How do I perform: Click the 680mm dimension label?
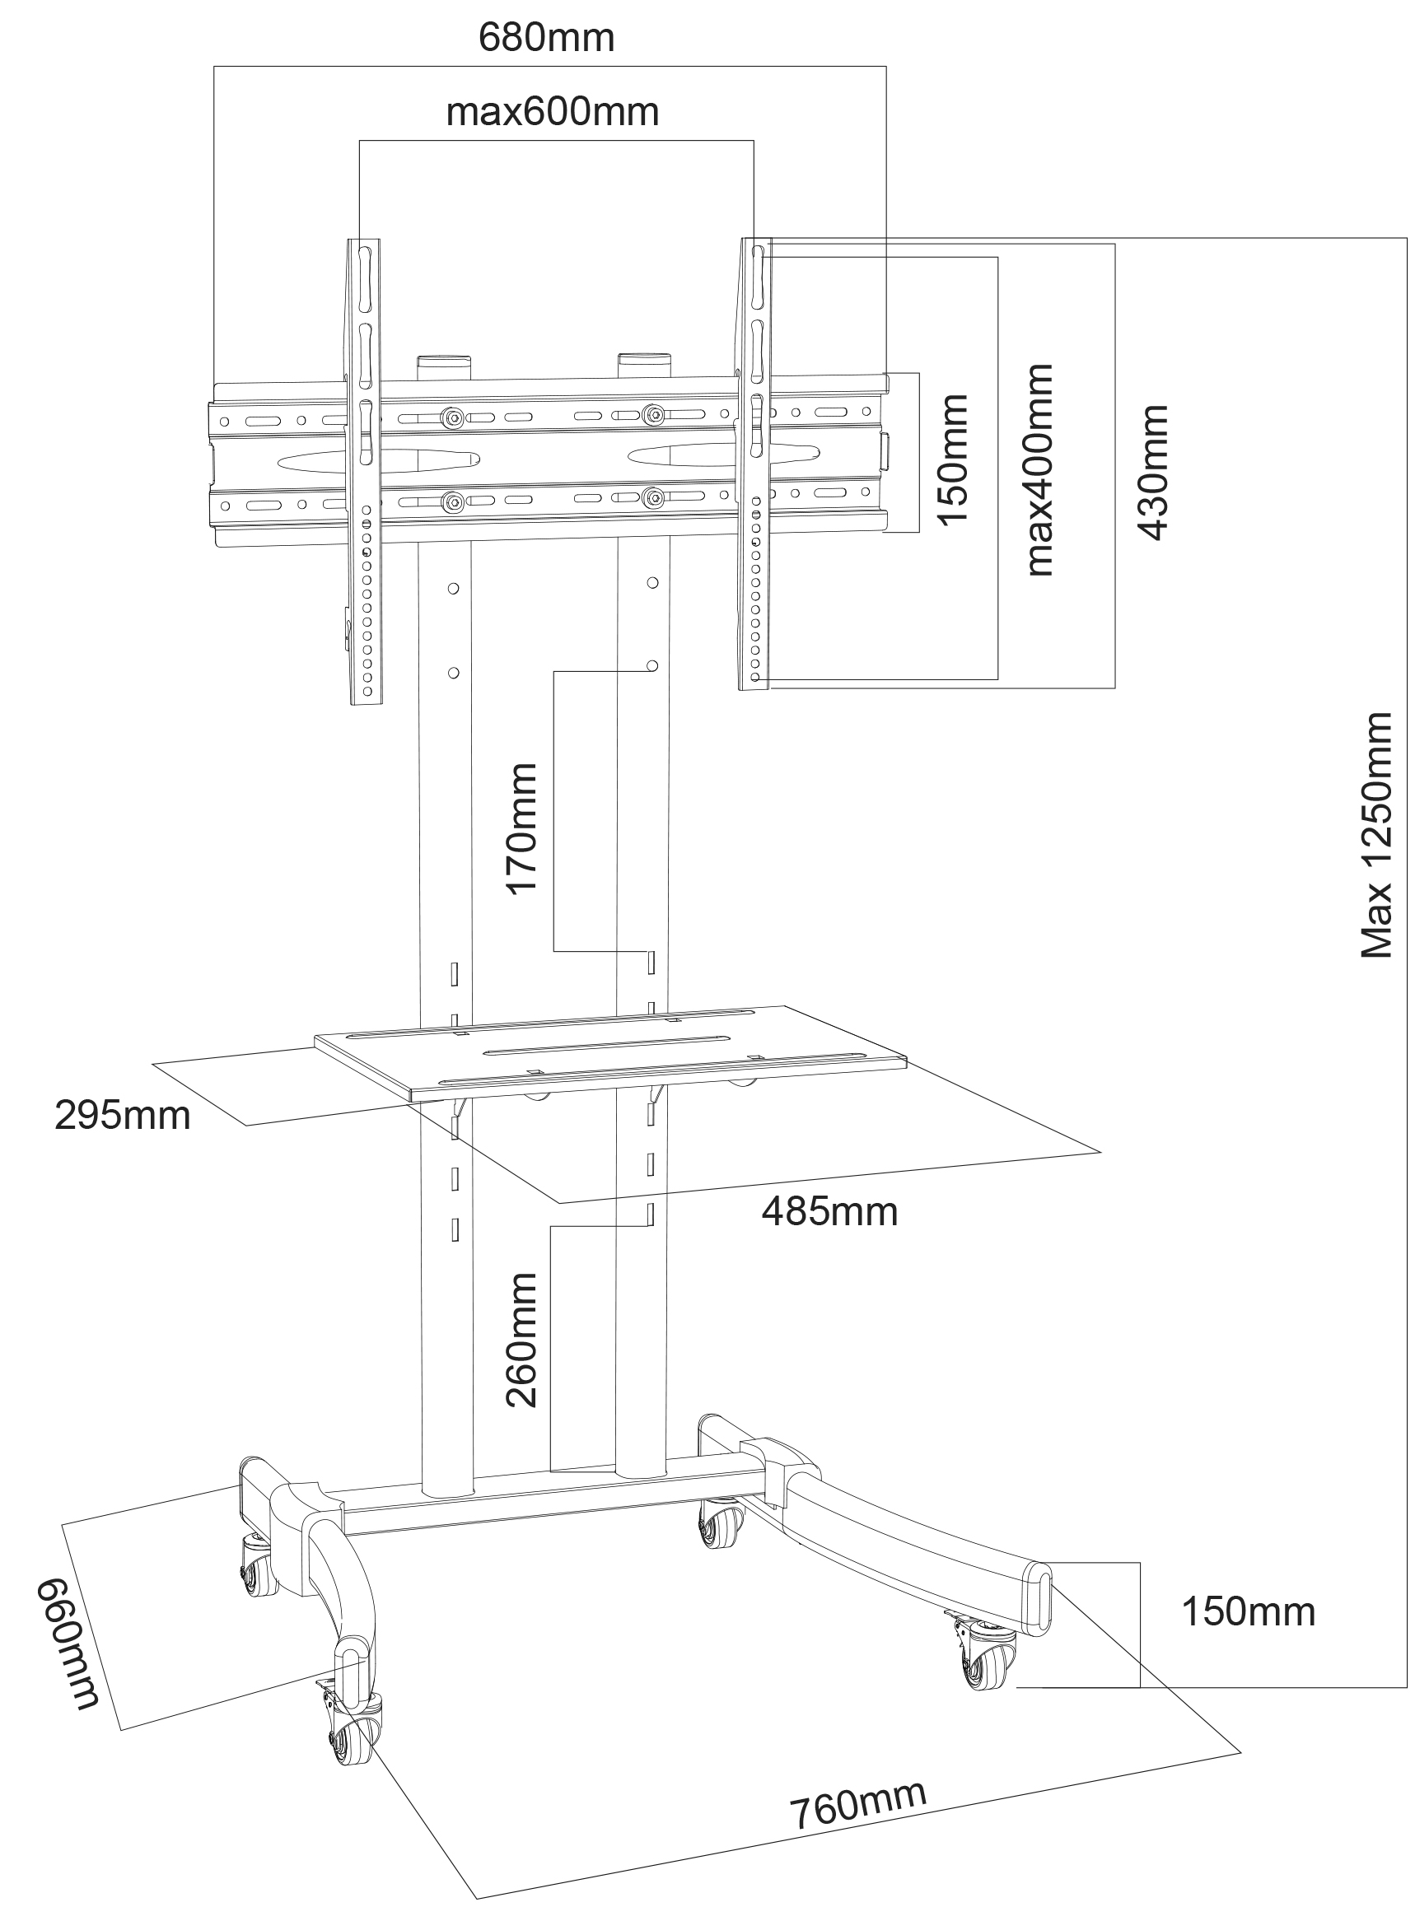pyautogui.click(x=545, y=38)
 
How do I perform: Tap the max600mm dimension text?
pyautogui.click(x=553, y=112)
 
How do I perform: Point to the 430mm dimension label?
pyautogui.click(x=1154, y=473)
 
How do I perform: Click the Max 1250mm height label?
pyautogui.click(x=1376, y=835)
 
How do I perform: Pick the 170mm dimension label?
pyautogui.click(x=521, y=829)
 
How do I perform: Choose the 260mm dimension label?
pyautogui.click(x=521, y=1340)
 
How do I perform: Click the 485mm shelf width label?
pyautogui.click(x=829, y=1212)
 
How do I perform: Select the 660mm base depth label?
pyautogui.click(x=68, y=1644)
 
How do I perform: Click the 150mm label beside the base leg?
pyautogui.click(x=1248, y=1612)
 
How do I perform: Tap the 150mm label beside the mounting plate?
pyautogui.click(x=953, y=459)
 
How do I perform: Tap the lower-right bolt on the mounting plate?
pyautogui.click(x=653, y=497)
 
